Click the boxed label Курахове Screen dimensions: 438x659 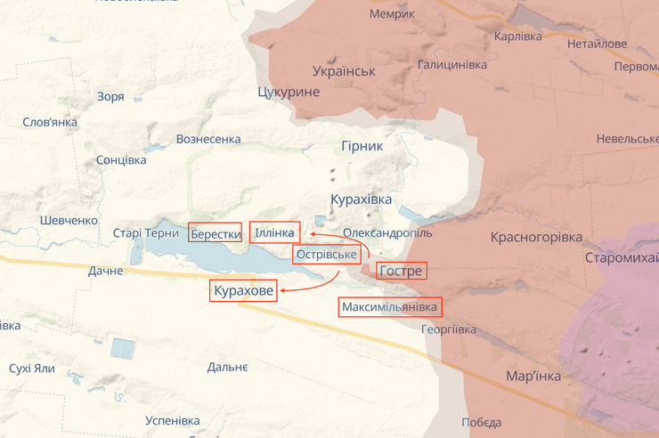243,290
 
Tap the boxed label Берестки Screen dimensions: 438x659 216,234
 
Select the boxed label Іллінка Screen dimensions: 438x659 274,233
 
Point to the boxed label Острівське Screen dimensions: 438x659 327,255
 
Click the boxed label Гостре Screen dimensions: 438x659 401,271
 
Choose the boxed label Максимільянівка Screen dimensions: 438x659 390,307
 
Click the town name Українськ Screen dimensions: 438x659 344,71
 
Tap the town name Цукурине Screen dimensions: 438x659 288,92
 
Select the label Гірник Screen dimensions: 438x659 362,146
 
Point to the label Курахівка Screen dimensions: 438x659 361,199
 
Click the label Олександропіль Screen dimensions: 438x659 387,232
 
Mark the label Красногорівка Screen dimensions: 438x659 536,238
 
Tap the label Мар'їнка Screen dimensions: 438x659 533,376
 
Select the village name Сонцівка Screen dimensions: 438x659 121,160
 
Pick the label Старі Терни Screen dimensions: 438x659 146,233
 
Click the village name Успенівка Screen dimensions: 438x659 172,420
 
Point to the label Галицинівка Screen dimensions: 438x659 452,65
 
